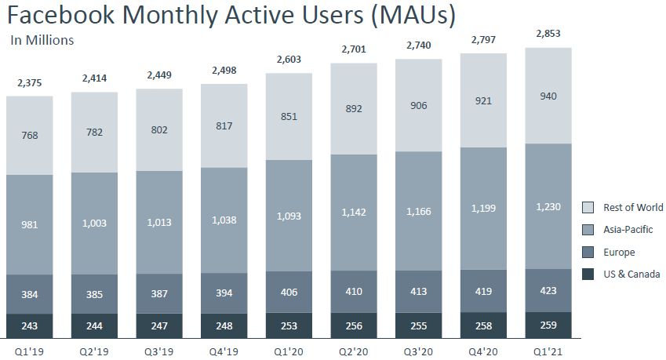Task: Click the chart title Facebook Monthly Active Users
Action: tap(231, 15)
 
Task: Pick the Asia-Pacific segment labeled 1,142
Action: tap(355, 212)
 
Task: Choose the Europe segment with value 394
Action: tap(224, 293)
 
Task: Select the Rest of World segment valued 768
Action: tap(30, 135)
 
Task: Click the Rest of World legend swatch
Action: tap(588, 208)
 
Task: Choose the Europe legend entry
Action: tap(620, 253)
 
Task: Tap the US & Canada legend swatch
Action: tap(588, 274)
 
